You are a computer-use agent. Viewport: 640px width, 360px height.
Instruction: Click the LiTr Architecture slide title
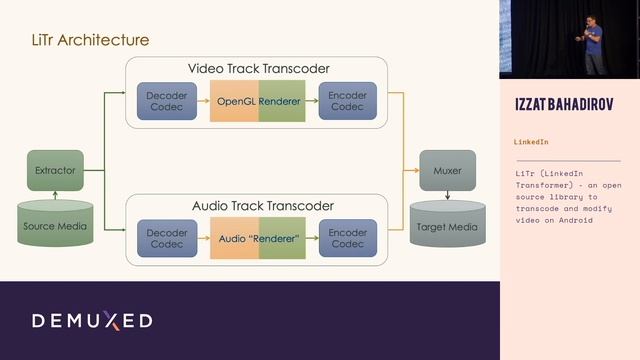(91, 40)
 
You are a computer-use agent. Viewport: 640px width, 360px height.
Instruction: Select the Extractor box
(55, 170)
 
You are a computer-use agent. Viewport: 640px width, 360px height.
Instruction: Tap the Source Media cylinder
(55, 224)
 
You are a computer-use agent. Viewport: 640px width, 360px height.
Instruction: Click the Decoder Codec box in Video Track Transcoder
(165, 102)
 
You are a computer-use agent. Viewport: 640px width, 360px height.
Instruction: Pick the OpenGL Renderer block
(258, 102)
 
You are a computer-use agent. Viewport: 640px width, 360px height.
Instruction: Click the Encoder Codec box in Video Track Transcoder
(347, 102)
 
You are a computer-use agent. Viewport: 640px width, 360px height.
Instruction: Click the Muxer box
(447, 170)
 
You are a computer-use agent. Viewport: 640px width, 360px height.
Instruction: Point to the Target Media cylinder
(447, 224)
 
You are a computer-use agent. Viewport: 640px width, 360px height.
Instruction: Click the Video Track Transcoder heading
(259, 69)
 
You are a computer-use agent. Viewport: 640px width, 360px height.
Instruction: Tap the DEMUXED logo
(92, 321)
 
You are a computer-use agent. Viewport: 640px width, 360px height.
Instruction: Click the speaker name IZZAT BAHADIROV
(567, 105)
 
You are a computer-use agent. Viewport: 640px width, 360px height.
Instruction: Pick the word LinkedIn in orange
(531, 142)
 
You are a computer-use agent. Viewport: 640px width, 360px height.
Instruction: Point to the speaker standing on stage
(592, 45)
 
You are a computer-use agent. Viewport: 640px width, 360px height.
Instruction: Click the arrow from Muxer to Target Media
(447, 194)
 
